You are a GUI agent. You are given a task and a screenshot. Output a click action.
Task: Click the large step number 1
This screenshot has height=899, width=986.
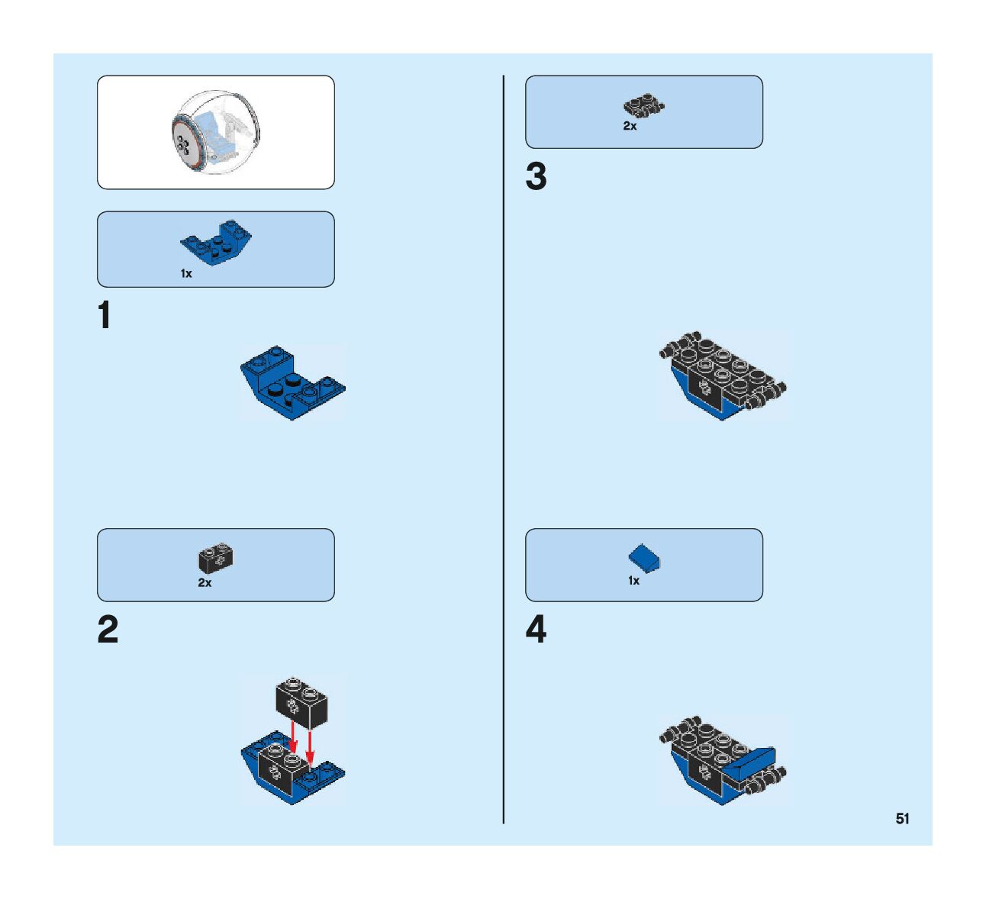click(x=105, y=316)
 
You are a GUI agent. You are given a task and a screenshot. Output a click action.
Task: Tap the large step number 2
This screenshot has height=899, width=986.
click(x=108, y=630)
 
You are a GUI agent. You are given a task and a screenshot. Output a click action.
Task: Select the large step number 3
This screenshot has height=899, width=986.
click(x=536, y=177)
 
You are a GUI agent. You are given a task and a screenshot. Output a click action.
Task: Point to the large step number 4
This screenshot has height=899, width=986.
click(x=536, y=630)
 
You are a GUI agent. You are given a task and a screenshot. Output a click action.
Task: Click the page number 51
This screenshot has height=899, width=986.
click(x=902, y=819)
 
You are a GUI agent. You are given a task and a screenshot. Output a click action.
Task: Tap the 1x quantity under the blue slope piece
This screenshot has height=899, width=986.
click(x=186, y=273)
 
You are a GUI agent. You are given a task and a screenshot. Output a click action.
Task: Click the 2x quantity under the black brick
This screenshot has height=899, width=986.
click(x=205, y=582)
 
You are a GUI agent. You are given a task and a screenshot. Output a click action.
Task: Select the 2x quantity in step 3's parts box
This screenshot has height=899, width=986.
click(x=630, y=126)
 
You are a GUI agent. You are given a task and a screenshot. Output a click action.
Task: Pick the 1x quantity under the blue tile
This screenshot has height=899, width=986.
click(x=633, y=581)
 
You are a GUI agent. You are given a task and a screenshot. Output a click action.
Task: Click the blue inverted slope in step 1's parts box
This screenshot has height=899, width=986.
click(x=217, y=240)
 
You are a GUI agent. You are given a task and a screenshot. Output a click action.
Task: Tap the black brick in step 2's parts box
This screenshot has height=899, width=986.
click(x=216, y=559)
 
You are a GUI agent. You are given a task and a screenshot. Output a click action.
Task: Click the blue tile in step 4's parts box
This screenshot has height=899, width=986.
click(x=645, y=559)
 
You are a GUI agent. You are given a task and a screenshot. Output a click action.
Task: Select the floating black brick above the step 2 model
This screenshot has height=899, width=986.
click(x=301, y=702)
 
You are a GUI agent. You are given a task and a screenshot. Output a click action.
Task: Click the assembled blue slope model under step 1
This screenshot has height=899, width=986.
click(x=292, y=381)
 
